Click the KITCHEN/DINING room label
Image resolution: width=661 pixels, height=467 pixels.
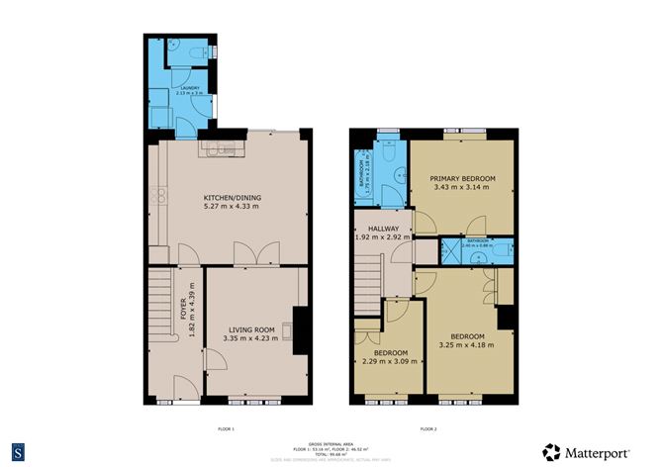231,198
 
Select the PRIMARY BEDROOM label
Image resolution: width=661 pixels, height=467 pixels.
462,178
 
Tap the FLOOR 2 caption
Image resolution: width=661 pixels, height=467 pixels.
428,428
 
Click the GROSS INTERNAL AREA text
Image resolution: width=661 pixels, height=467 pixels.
330,442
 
